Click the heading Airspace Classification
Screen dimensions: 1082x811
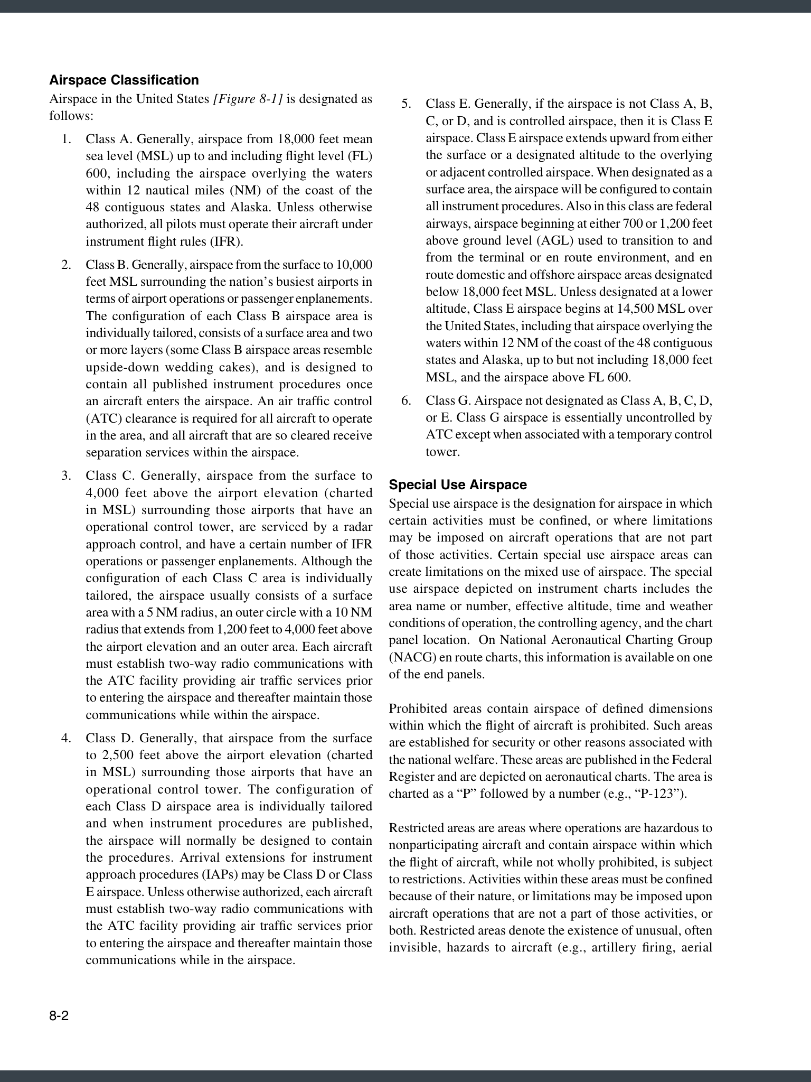[124, 80]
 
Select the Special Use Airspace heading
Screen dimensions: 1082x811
[458, 485]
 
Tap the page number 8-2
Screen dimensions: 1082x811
[59, 1016]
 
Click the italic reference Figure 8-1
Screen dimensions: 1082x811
[248, 99]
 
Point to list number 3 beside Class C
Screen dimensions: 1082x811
[66, 476]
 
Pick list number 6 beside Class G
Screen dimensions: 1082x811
[406, 400]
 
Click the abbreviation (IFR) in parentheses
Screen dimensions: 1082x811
[228, 241]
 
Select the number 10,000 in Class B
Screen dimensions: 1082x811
[353, 265]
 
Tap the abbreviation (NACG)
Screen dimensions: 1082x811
[409, 658]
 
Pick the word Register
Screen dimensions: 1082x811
[411, 777]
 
